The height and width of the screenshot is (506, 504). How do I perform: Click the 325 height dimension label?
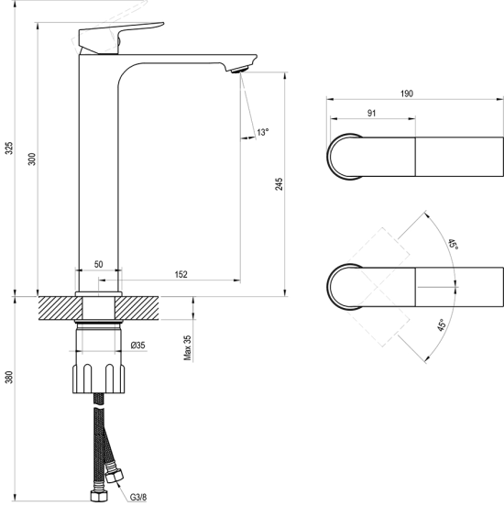pyautogui.click(x=10, y=148)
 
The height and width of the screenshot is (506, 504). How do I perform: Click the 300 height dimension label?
pyautogui.click(x=32, y=159)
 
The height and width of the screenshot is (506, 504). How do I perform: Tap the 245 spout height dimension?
pyautogui.click(x=279, y=184)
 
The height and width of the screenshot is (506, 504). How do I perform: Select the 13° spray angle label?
pyautogui.click(x=263, y=132)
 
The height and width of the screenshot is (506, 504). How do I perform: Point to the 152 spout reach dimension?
pyautogui.click(x=181, y=275)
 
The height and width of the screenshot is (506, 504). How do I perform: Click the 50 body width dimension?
pyautogui.click(x=98, y=264)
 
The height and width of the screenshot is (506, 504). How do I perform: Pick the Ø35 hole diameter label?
pyautogui.click(x=138, y=346)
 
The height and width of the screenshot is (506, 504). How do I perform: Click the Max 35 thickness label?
pyautogui.click(x=188, y=347)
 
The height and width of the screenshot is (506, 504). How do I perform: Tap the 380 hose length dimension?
pyautogui.click(x=10, y=378)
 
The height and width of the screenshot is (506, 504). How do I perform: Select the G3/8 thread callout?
pyautogui.click(x=138, y=497)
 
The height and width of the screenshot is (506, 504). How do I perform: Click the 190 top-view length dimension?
pyautogui.click(x=407, y=93)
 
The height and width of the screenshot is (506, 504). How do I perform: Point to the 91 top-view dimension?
pyautogui.click(x=372, y=114)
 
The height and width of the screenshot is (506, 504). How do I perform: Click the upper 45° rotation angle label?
pyautogui.click(x=453, y=244)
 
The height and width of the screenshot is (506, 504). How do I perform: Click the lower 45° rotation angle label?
pyautogui.click(x=442, y=325)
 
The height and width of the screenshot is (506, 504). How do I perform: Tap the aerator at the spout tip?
pyautogui.click(x=239, y=69)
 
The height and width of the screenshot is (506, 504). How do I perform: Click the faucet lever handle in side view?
pyautogui.click(x=121, y=37)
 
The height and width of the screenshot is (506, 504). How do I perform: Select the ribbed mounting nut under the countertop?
pyautogui.click(x=99, y=379)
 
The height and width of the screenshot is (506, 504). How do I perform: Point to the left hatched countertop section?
pyautogui.click(x=60, y=308)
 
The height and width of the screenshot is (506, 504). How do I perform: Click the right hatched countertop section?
pyautogui.click(x=137, y=308)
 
